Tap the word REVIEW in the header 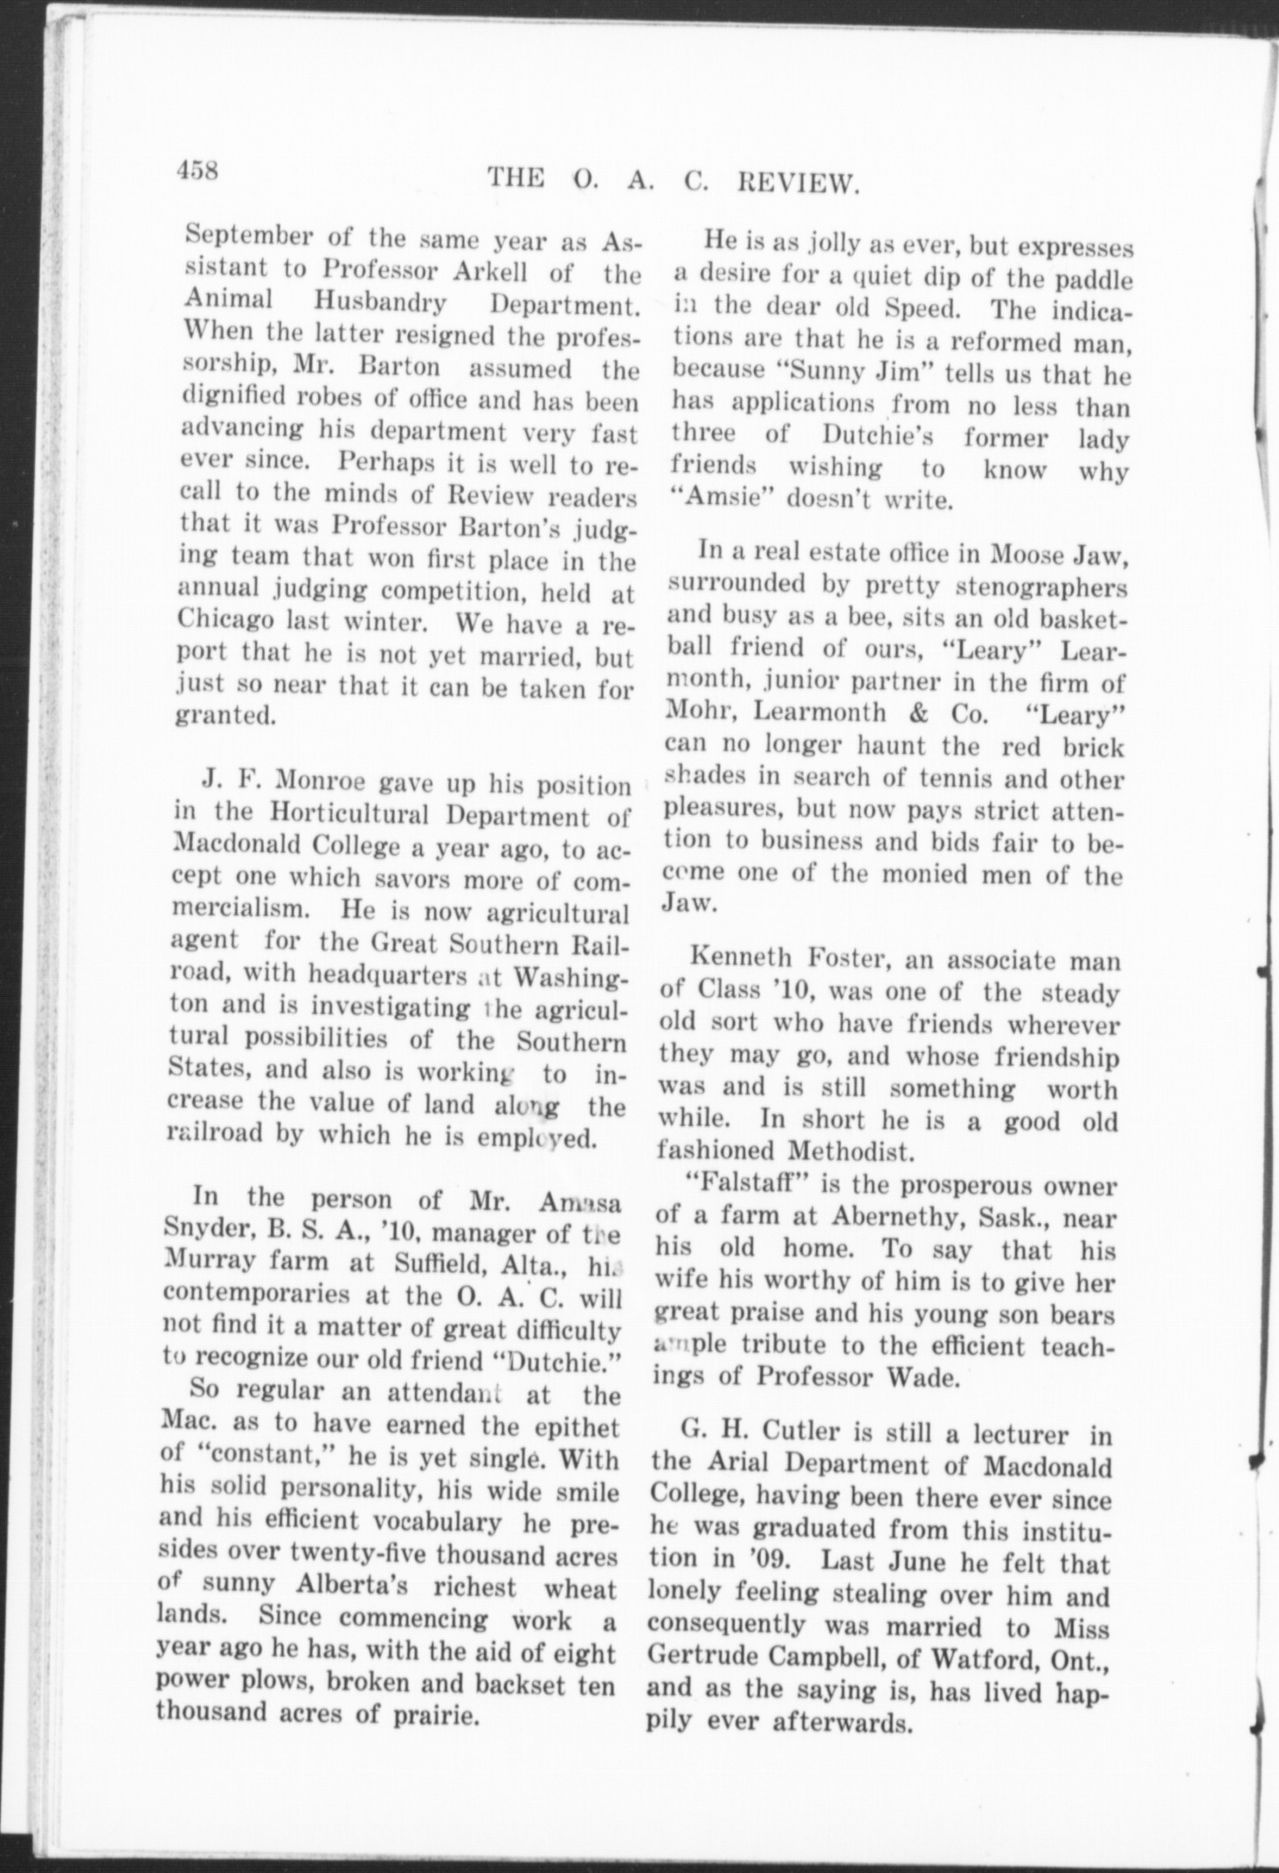point(800,183)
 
